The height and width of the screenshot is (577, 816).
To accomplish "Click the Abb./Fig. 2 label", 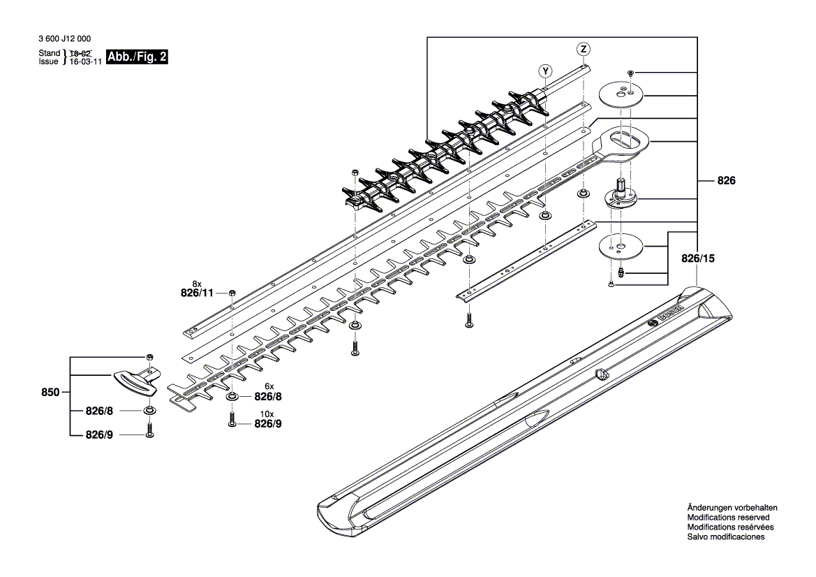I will coord(137,57).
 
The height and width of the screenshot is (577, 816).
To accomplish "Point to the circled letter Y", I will coord(545,70).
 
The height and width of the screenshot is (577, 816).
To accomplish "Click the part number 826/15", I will coord(698,258).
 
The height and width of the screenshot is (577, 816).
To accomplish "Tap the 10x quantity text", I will coord(267,414).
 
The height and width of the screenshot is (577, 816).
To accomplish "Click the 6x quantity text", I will coord(268,386).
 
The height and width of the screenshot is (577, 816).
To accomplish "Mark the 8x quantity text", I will coord(197,284).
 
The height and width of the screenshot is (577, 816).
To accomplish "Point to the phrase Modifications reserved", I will coord(728,518).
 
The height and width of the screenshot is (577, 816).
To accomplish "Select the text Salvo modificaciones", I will coord(725,537).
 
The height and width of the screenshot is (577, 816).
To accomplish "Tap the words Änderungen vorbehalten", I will coord(732,508).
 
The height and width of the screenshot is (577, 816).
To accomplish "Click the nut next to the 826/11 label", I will coord(232,293).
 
